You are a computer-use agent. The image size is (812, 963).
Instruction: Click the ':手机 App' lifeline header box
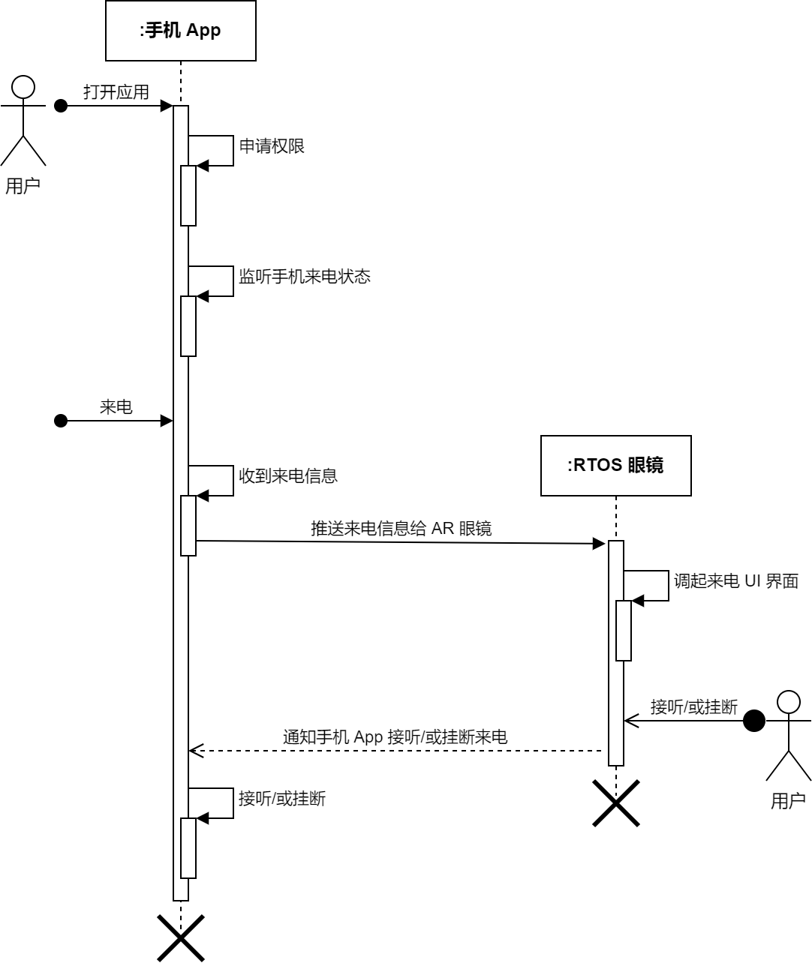pyautogui.click(x=180, y=31)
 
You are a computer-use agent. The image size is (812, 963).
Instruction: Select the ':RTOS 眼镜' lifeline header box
pyautogui.click(x=615, y=466)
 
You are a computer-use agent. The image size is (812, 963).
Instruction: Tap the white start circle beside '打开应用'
pyautogui.click(x=23, y=88)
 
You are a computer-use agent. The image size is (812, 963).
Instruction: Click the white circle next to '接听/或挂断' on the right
pyautogui.click(x=788, y=702)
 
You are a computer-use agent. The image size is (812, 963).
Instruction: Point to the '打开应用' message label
pyautogui.click(x=116, y=92)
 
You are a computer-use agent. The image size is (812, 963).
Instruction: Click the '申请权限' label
pyautogui.click(x=272, y=146)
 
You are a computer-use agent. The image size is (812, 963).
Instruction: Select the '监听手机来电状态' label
pyautogui.click(x=304, y=277)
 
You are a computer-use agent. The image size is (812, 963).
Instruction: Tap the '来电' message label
pyautogui.click(x=116, y=407)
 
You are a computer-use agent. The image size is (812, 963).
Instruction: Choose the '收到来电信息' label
pyautogui.click(x=287, y=476)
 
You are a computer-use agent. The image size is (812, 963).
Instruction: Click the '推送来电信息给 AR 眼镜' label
pyautogui.click(x=401, y=529)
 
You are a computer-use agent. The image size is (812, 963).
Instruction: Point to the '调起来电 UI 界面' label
pyautogui.click(x=735, y=581)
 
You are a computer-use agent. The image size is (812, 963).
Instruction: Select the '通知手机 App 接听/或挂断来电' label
pyautogui.click(x=395, y=737)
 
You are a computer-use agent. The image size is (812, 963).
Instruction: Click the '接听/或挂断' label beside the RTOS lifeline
pyautogui.click(x=693, y=707)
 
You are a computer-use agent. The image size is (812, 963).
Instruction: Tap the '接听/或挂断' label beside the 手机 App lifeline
pyautogui.click(x=281, y=799)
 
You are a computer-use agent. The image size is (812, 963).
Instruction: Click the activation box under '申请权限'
pyautogui.click(x=188, y=196)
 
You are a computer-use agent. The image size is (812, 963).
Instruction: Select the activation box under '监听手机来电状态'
pyautogui.click(x=188, y=326)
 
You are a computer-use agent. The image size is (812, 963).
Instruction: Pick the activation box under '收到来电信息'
pyautogui.click(x=188, y=526)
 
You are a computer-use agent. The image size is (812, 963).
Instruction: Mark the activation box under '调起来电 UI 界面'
pyautogui.click(x=623, y=631)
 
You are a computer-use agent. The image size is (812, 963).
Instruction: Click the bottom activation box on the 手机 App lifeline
pyautogui.click(x=188, y=848)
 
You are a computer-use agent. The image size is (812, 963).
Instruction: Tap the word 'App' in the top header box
pyautogui.click(x=203, y=31)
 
